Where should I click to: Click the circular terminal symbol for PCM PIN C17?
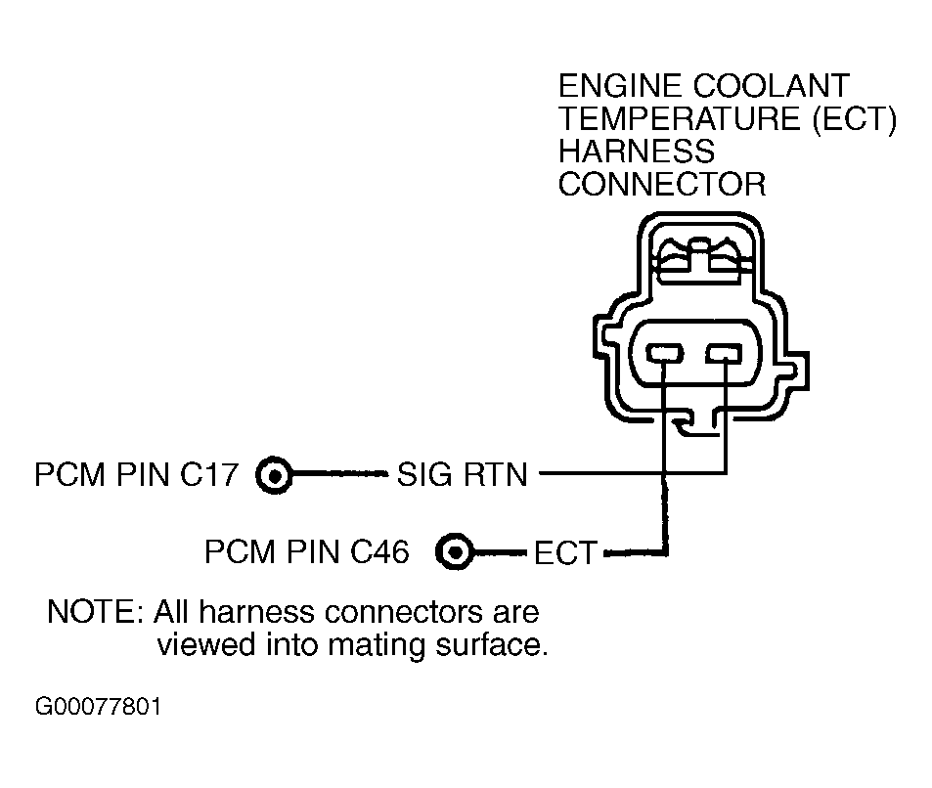[274, 475]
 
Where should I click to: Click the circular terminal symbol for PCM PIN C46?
[455, 552]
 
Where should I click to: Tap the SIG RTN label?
[462, 475]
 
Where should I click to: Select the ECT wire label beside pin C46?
[565, 552]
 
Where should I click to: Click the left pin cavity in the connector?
[664, 354]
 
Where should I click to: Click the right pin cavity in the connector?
[724, 354]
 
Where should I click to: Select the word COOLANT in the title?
[771, 86]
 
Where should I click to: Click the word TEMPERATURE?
[679, 118]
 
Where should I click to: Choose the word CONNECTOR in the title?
[662, 184]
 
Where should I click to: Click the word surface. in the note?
[491, 645]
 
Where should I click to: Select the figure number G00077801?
[98, 707]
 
